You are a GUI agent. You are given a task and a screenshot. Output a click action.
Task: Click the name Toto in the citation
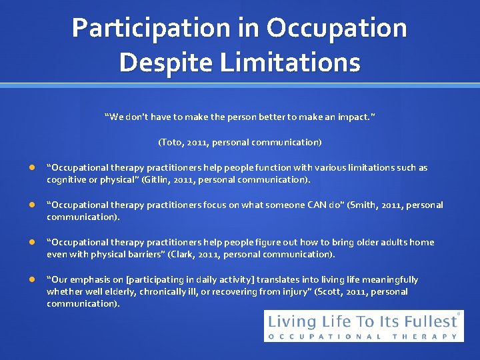pyautogui.click(x=171, y=142)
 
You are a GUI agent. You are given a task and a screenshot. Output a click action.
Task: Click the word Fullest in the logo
pyautogui.click(x=431, y=322)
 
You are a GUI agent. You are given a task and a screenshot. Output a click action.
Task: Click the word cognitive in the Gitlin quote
pyautogui.click(x=67, y=180)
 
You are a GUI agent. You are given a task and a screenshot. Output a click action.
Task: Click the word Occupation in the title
pyautogui.click(x=337, y=28)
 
